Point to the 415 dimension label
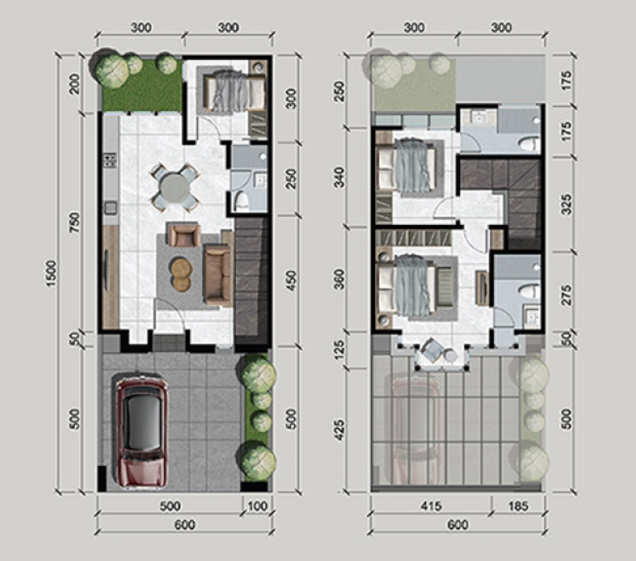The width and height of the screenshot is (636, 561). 430,506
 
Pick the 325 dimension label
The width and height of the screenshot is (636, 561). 566,203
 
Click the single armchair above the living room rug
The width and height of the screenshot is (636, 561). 184,236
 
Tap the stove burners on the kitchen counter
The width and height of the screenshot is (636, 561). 110,160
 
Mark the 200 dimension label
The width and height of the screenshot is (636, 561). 75,84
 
